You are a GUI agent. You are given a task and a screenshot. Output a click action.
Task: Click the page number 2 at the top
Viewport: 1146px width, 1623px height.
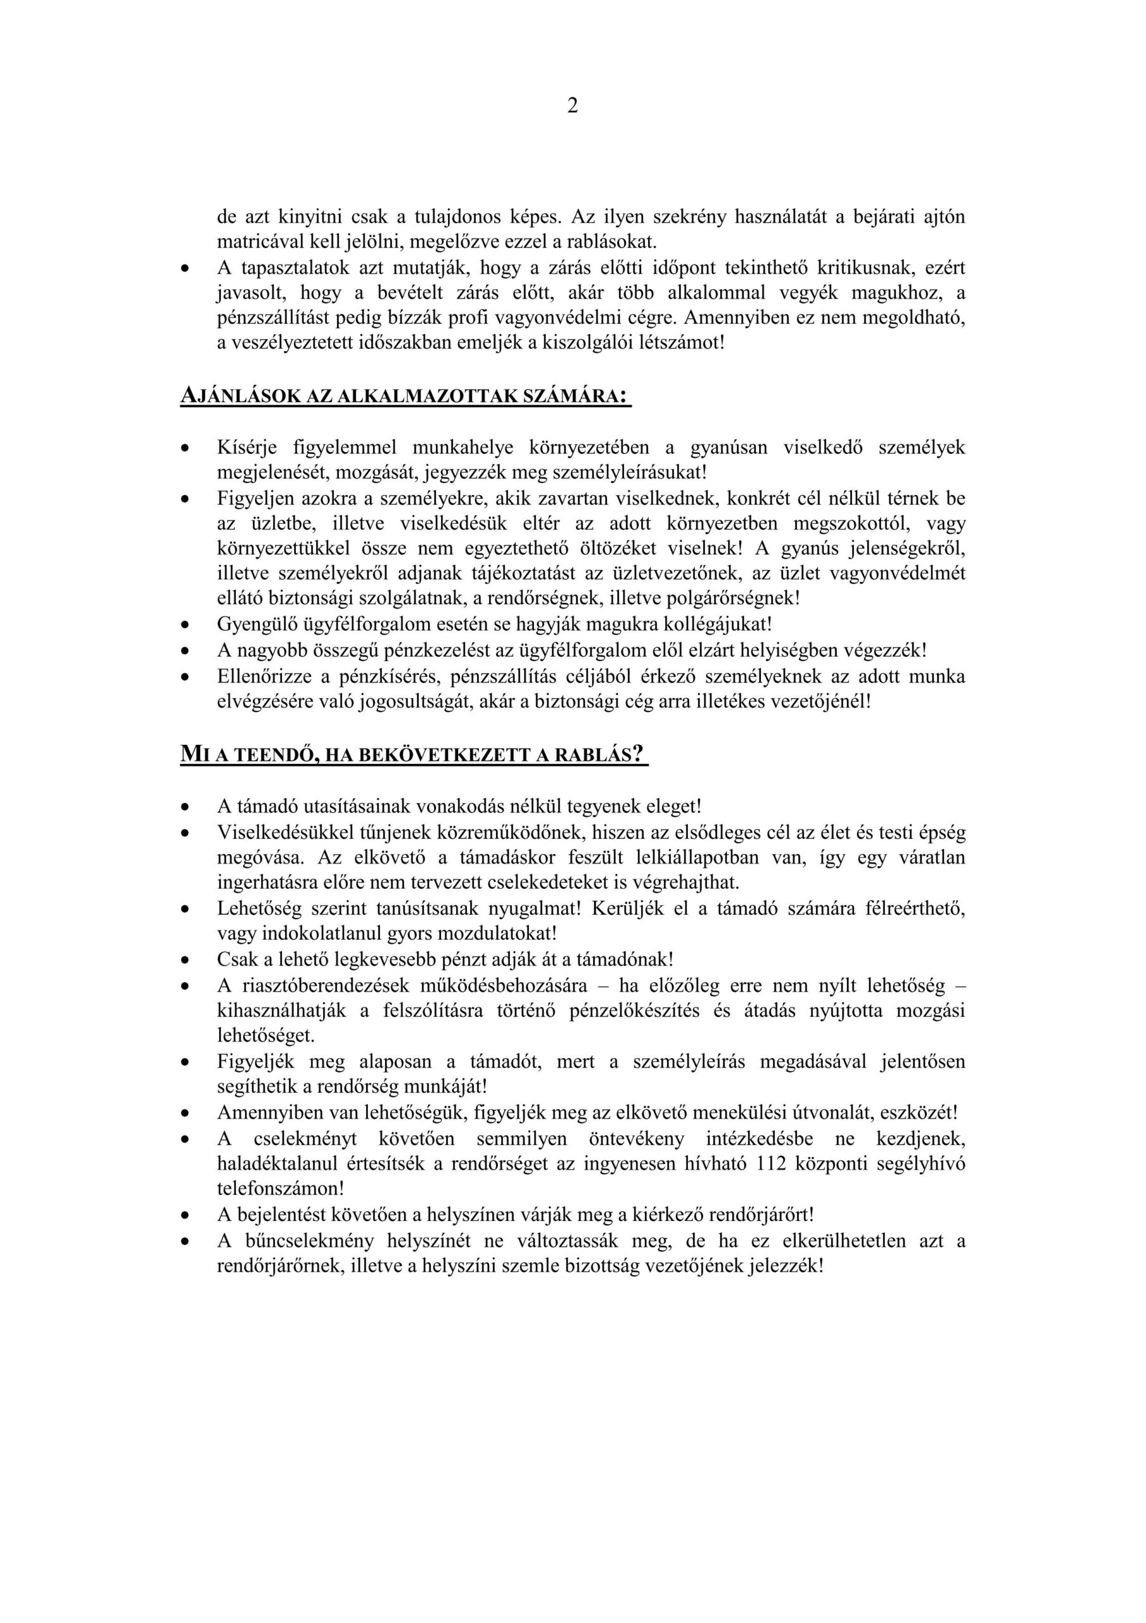point(572,106)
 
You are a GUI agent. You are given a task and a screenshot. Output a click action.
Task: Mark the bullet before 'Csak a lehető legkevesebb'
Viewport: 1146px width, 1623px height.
point(185,960)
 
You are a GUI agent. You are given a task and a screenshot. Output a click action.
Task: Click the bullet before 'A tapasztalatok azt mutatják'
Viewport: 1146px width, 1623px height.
point(185,269)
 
